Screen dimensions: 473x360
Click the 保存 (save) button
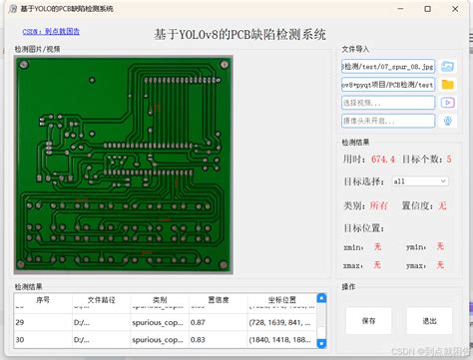point(369,321)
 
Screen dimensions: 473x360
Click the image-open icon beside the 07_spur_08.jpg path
point(448,66)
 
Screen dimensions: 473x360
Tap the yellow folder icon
point(448,84)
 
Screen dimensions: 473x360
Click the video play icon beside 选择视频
point(448,102)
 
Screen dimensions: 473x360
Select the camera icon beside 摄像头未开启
point(448,120)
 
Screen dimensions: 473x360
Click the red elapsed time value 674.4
point(383,159)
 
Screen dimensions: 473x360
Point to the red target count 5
point(449,159)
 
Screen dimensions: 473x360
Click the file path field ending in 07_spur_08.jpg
point(388,66)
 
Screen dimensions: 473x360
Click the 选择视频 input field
point(388,102)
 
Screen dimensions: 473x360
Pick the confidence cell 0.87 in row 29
point(199,322)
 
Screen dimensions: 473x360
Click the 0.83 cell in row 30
point(199,340)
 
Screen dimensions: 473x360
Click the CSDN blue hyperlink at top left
point(51,31)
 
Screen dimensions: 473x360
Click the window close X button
point(455,8)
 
